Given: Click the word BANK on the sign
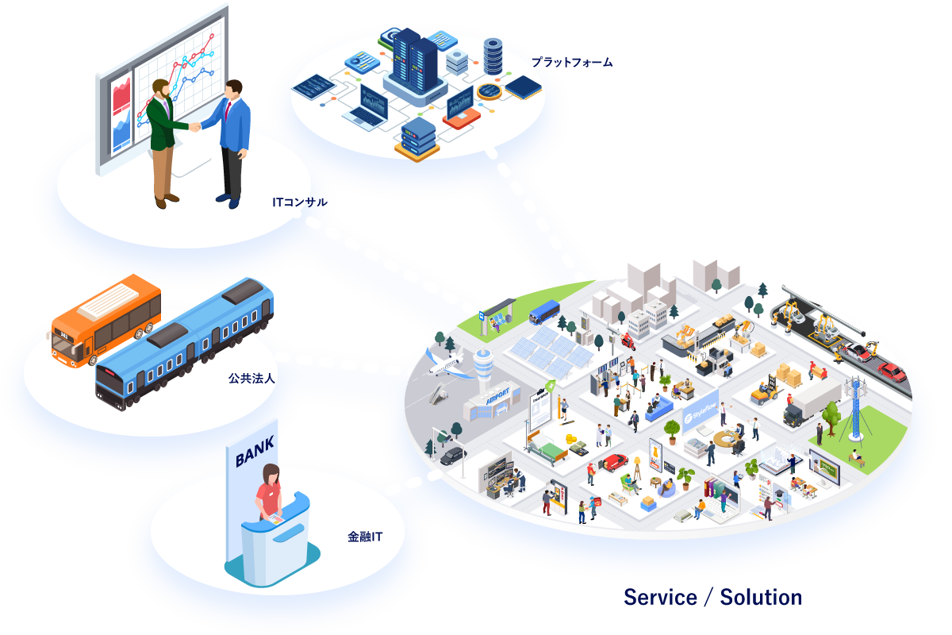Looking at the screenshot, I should click(x=255, y=455).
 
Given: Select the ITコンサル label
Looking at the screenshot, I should click(x=299, y=203).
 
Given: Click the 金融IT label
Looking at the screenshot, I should click(x=365, y=537).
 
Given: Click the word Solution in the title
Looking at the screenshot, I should click(x=760, y=598).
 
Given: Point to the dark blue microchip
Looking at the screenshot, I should click(x=524, y=87).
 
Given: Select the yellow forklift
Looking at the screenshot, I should click(x=765, y=391).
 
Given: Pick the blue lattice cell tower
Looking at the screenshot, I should click(x=855, y=406).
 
